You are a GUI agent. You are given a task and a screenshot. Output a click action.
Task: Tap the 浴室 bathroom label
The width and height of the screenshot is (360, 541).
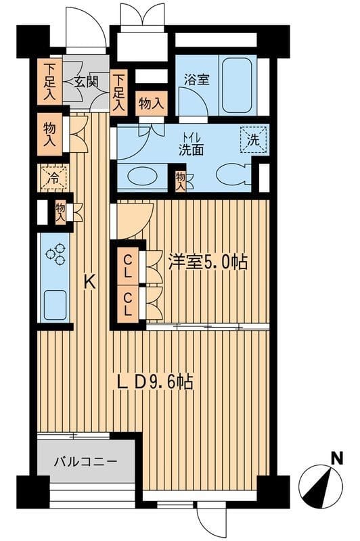tap(197, 79)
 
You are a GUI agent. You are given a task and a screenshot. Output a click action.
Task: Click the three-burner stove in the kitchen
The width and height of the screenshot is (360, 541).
tap(55, 254)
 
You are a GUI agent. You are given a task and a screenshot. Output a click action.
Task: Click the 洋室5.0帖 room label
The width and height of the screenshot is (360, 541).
tap(207, 262)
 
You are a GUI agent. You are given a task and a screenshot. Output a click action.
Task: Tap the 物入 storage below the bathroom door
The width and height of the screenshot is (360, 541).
tap(150, 104)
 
